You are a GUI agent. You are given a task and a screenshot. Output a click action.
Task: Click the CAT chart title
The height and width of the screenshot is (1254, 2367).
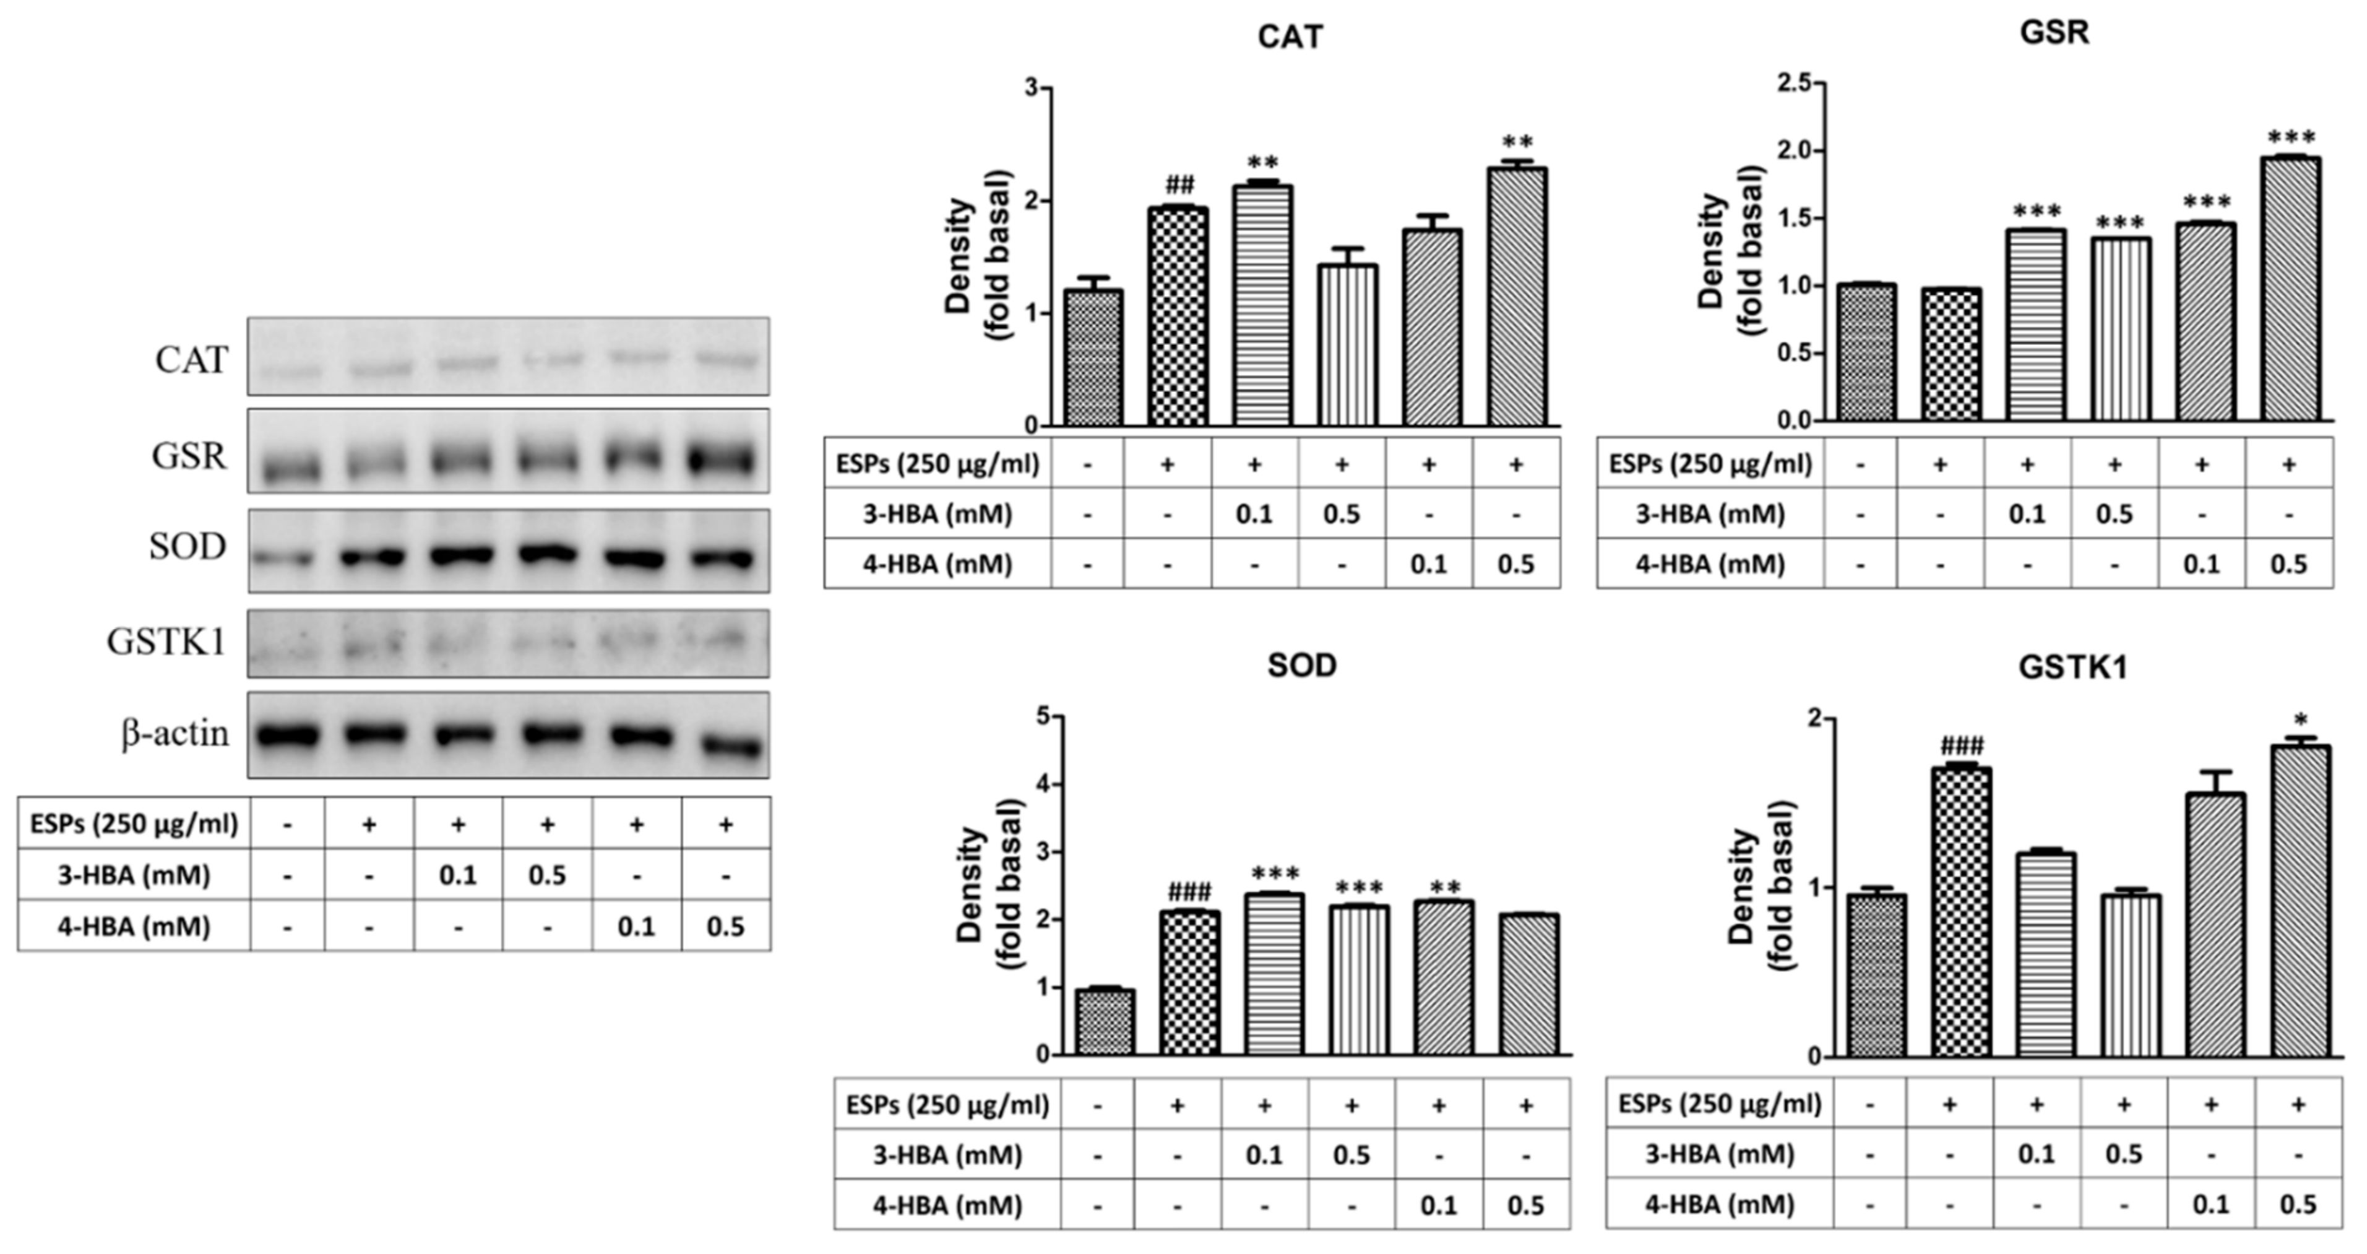1290,37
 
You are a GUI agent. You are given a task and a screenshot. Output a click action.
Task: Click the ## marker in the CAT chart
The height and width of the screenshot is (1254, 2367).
1179,185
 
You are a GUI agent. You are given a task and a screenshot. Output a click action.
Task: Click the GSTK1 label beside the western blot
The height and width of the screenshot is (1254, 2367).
165,642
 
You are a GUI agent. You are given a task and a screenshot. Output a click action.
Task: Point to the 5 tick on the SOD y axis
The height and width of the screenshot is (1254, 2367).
1043,716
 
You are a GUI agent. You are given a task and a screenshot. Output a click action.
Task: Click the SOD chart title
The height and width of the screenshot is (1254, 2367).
1301,664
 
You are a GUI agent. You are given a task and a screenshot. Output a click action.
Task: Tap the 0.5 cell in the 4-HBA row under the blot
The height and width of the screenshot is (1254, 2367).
725,926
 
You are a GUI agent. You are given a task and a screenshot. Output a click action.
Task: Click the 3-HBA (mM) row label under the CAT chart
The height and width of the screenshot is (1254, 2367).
938,514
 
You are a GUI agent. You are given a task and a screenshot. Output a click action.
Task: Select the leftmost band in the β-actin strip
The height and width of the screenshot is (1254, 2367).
288,736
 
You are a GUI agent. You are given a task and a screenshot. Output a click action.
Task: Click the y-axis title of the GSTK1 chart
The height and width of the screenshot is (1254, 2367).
1760,886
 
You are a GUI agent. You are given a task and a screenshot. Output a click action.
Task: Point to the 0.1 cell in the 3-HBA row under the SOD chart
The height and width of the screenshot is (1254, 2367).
1264,1155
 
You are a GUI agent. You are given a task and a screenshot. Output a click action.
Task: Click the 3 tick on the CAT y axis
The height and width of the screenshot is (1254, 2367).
1032,89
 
